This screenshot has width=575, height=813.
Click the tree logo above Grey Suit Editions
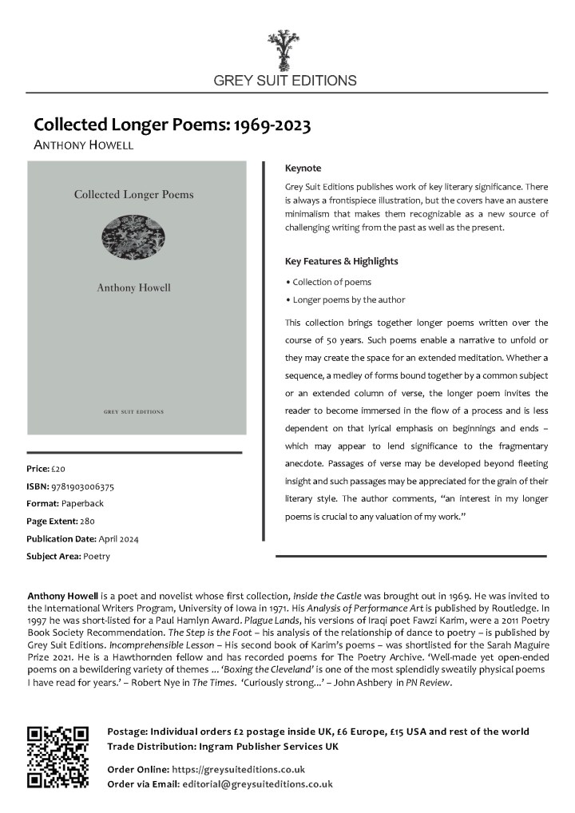tap(284, 50)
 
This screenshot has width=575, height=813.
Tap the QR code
tap(57, 756)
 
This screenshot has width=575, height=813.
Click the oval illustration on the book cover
tap(133, 236)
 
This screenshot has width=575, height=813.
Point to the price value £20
tap(59, 468)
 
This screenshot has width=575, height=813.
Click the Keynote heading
tap(303, 169)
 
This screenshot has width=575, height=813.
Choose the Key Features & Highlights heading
tap(341, 261)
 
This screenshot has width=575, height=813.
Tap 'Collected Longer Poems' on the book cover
tap(133, 194)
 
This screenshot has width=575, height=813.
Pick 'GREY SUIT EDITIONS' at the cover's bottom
tap(133, 412)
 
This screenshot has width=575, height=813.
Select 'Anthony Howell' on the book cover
tap(133, 288)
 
